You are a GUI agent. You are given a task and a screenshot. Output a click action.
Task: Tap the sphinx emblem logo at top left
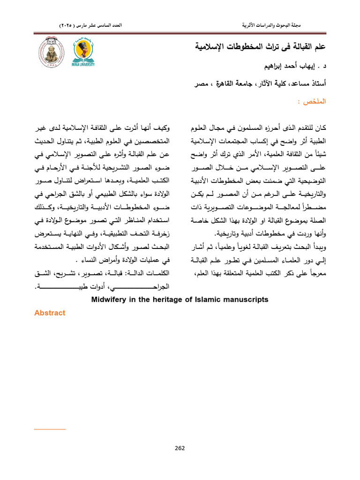point(50,53)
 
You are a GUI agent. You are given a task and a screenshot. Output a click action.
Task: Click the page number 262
point(180,448)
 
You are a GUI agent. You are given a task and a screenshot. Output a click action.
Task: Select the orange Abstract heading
point(50,313)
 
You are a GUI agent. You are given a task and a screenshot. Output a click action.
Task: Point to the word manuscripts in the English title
point(244,299)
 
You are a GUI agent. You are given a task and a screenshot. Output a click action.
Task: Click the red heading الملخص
point(312,102)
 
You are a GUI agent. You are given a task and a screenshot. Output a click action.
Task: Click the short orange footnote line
point(50,429)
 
